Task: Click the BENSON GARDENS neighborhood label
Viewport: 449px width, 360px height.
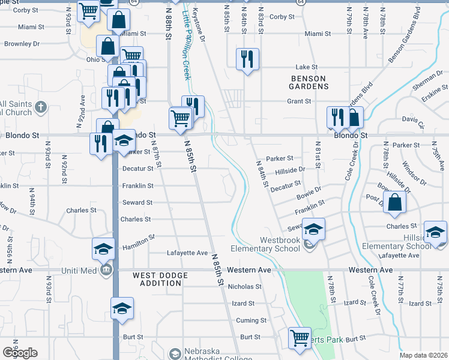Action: [309, 83]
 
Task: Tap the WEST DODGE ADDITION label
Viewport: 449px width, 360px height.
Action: [160, 279]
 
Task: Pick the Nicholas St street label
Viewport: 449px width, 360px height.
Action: [245, 287]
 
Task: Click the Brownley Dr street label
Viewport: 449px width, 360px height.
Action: [22, 44]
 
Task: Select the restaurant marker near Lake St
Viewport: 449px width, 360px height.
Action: [247, 59]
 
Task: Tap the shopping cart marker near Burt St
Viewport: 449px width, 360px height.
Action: [299, 337]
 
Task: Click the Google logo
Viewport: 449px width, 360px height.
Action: [20, 353]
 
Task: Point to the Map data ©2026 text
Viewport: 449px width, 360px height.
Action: [424, 355]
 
